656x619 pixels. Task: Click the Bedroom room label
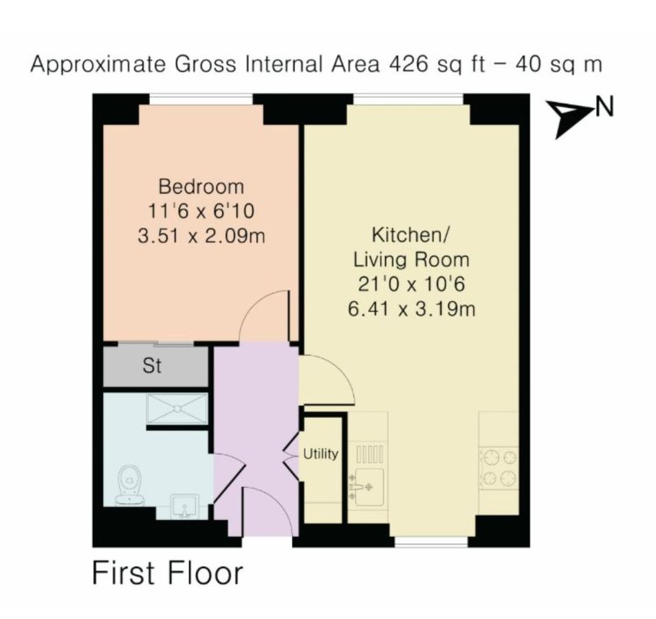201,186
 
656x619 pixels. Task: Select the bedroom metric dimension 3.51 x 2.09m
201,236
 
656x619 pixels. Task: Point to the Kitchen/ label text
411,235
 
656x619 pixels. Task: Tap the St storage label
152,367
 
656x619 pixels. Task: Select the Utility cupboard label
321,454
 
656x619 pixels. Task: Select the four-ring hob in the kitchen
499,468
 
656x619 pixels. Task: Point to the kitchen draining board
369,454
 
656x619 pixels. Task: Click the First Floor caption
167,574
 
